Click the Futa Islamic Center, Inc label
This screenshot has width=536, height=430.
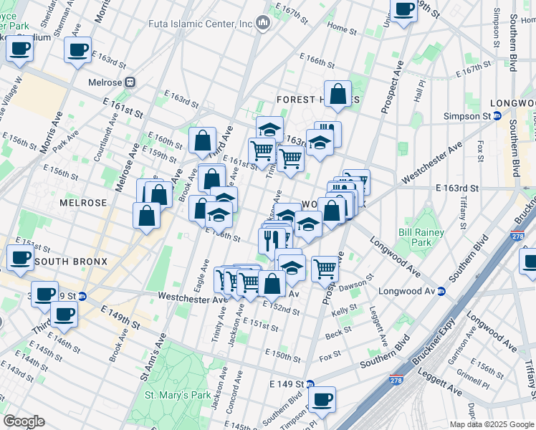pos(201,24)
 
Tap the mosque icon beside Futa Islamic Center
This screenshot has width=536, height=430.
pos(263,24)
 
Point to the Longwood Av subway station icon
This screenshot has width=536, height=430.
pos(441,291)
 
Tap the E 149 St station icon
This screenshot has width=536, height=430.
pos(310,384)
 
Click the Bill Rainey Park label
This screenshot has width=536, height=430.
pos(421,237)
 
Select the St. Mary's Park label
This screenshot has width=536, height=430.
pos(178,394)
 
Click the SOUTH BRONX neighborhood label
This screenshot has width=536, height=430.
pos(71,262)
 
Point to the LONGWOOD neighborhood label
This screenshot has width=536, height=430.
pos(506,102)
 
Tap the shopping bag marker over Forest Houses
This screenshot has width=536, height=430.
pos(338,94)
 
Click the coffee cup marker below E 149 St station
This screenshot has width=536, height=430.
pos(322,400)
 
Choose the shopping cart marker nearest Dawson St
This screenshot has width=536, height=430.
pos(325,269)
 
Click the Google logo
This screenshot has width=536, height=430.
pos(23,421)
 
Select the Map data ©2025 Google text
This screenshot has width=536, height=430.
pos(491,424)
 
